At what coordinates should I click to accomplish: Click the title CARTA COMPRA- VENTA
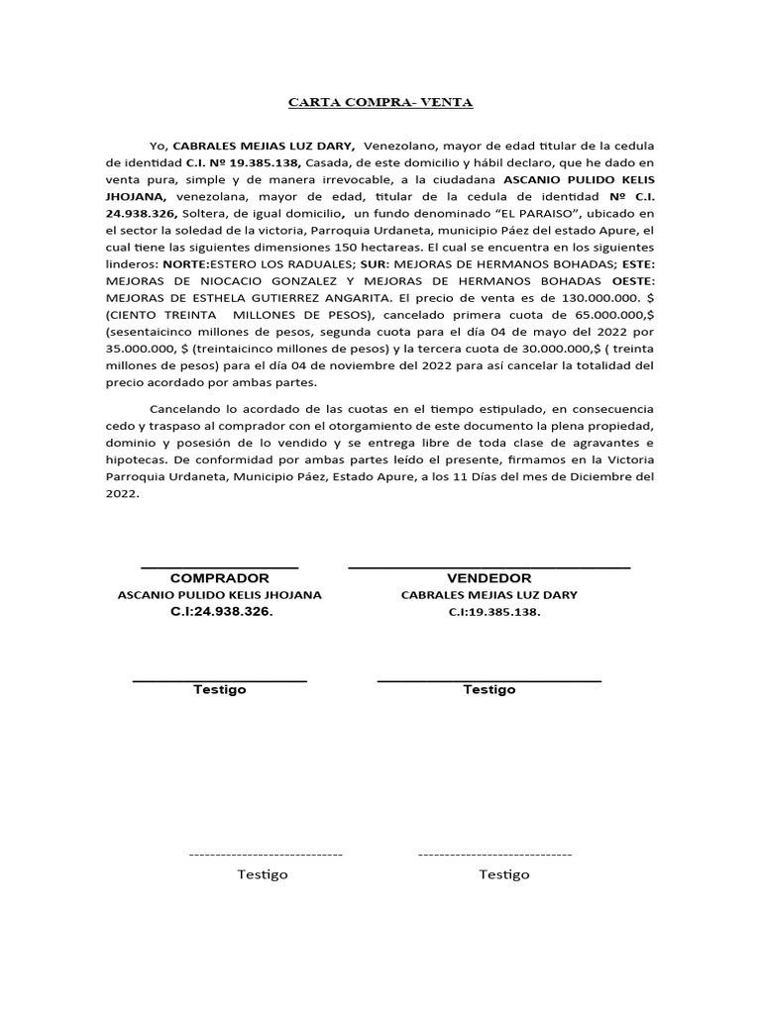[380, 102]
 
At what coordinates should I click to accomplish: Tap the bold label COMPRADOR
[219, 578]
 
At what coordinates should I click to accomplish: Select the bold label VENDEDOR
[489, 578]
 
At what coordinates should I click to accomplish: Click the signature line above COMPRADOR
[219, 567]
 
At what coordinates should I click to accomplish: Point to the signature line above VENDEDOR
[489, 567]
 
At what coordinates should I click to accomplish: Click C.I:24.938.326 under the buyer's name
[219, 612]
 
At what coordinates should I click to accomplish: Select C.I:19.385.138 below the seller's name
[489, 612]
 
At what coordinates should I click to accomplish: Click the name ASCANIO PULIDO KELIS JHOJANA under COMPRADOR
[219, 595]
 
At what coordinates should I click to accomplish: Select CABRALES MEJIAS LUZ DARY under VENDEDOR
[489, 595]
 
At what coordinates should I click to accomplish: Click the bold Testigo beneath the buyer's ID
[219, 689]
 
